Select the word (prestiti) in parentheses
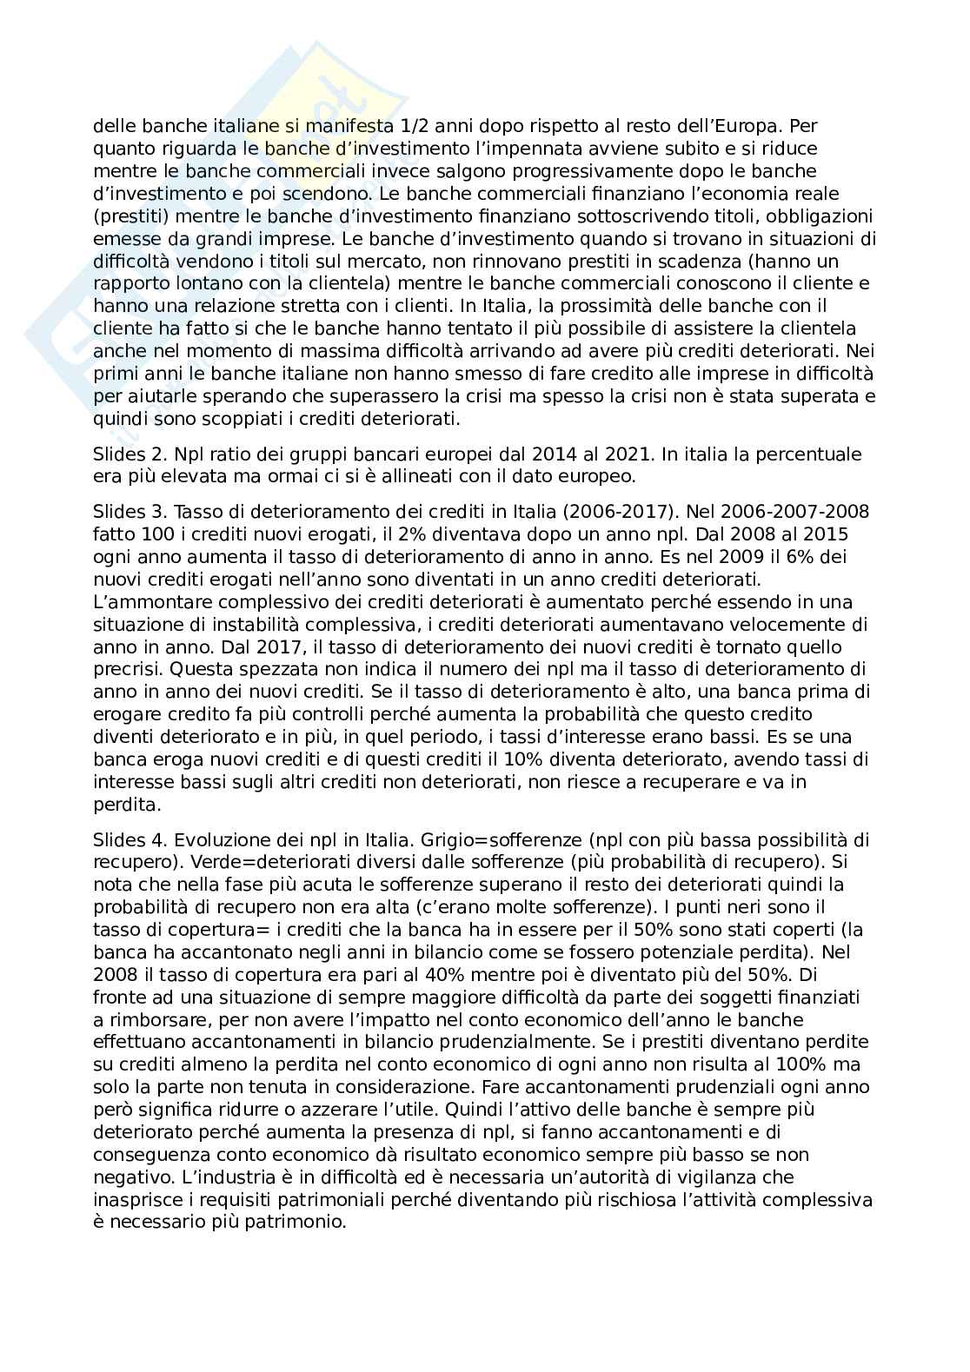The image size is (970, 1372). (x=126, y=215)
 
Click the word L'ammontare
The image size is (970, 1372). (x=144, y=601)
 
